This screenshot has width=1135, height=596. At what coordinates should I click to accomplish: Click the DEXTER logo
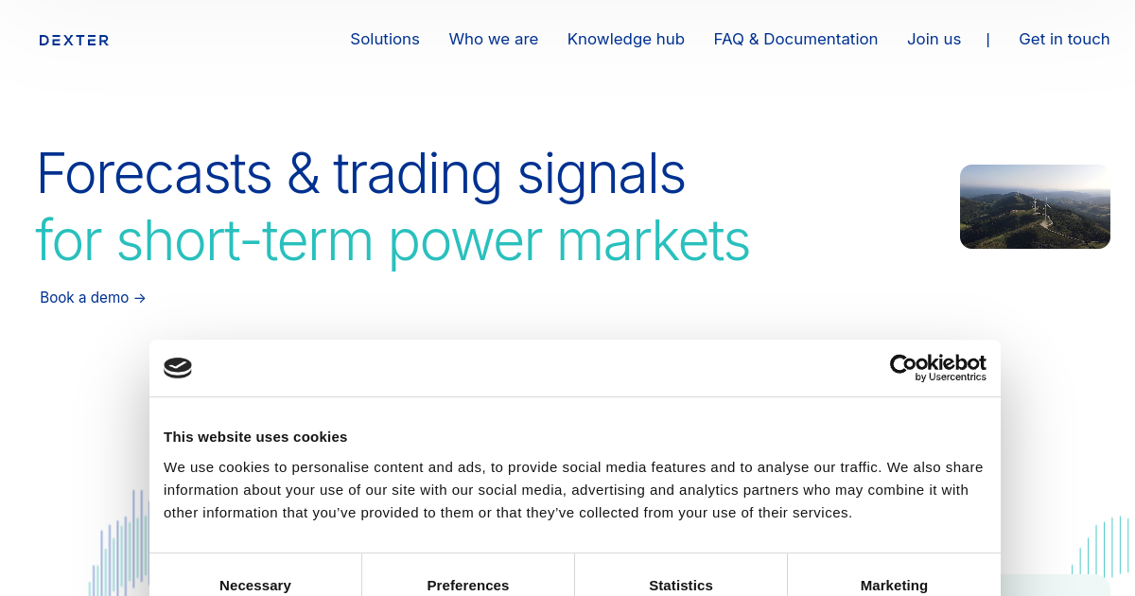pos(74,40)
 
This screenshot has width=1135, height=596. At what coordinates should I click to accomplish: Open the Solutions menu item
pos(385,39)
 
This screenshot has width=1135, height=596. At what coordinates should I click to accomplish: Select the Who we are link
pos(493,39)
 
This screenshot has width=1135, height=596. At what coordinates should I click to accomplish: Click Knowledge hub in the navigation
pos(626,39)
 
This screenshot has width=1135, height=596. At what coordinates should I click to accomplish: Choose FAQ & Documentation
pos(795,39)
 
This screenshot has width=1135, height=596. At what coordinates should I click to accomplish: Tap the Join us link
pos(934,39)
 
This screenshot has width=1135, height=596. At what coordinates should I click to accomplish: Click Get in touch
pos(1064,39)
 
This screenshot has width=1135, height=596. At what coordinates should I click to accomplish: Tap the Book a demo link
pos(93,297)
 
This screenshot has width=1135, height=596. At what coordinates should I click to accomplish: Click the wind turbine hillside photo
pos(1035,206)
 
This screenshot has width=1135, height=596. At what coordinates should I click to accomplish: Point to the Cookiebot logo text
pos(938,363)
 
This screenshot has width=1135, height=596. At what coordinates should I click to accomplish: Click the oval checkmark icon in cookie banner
pos(178,367)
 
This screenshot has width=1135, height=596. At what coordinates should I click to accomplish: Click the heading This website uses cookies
pos(255,437)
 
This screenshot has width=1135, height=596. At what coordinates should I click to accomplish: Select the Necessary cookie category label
pos(255,586)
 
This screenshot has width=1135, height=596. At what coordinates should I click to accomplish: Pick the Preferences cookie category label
pos(467,586)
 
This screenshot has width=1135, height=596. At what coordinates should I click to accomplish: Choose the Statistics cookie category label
pos(680,586)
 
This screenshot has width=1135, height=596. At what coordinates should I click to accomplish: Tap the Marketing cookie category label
pos(894,586)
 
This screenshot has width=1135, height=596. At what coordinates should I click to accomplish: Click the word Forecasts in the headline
pos(154,173)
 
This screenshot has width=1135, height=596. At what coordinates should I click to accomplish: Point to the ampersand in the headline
pos(303,173)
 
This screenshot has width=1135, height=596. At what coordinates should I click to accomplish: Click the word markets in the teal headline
pos(654,240)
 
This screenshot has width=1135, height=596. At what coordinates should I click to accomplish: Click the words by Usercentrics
pos(951,377)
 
